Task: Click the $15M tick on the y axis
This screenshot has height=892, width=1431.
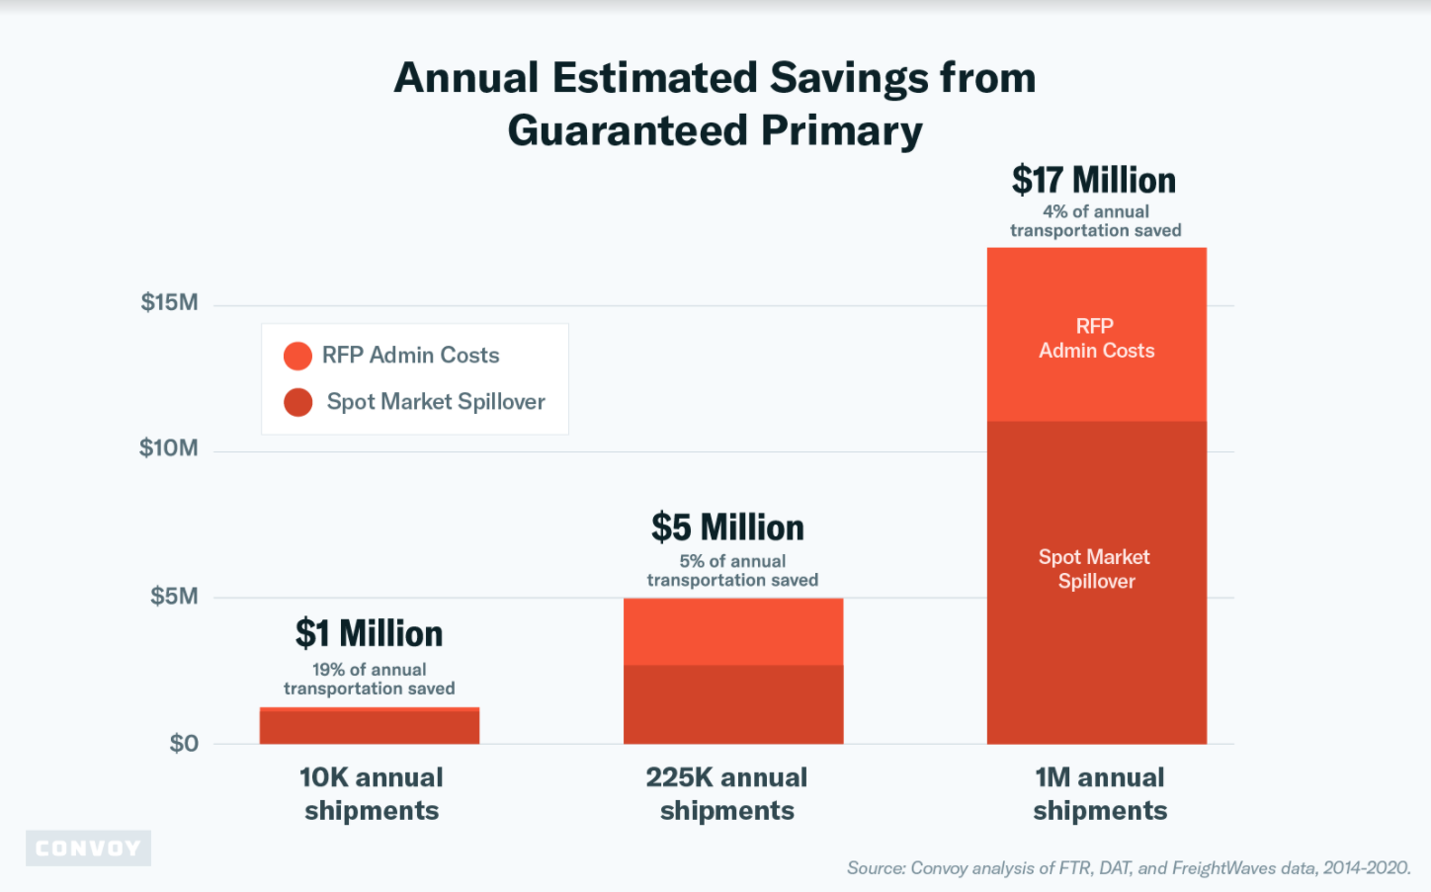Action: (x=169, y=302)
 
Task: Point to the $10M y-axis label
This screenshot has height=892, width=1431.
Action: (x=168, y=448)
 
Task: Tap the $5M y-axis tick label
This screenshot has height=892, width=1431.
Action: (x=174, y=597)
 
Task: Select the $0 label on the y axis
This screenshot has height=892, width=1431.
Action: (x=184, y=744)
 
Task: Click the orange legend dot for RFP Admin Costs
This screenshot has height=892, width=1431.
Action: (x=297, y=356)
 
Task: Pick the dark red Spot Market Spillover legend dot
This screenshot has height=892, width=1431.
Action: (x=297, y=402)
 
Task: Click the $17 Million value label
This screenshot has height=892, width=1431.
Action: (x=1094, y=181)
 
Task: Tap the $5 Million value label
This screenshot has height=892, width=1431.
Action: (x=727, y=527)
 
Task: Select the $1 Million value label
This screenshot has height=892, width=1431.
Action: (x=369, y=633)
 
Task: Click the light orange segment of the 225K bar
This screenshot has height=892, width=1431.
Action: (x=732, y=631)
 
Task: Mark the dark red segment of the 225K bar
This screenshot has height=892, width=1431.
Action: (x=732, y=704)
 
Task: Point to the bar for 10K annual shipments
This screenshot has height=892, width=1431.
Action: (x=369, y=726)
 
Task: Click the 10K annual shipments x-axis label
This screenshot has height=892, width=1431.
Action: (x=372, y=793)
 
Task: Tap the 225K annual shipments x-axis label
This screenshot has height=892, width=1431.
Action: (x=726, y=793)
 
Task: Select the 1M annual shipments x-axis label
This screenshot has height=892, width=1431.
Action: (x=1100, y=793)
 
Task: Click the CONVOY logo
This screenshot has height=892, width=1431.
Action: (x=88, y=849)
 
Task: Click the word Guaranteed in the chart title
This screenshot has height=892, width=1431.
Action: (x=627, y=130)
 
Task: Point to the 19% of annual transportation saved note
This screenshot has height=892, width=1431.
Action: (x=369, y=679)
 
